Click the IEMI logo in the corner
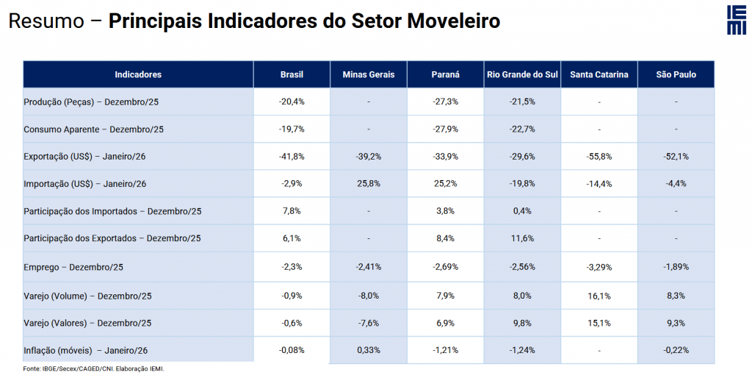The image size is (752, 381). click(736, 20)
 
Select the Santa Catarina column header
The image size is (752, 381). click(599, 74)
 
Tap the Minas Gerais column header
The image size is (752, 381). click(368, 74)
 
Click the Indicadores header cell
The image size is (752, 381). click(138, 74)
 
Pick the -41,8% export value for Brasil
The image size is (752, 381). click(292, 157)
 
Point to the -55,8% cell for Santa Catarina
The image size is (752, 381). click(599, 157)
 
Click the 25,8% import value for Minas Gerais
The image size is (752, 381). click(368, 184)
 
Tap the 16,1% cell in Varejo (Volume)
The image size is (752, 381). click(599, 295)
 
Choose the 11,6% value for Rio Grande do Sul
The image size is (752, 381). click(522, 238)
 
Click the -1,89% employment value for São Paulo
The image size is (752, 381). click(676, 266)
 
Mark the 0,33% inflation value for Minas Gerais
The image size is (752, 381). click(368, 350)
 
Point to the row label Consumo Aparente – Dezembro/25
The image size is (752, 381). click(93, 129)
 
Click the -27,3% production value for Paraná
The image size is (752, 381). click(445, 102)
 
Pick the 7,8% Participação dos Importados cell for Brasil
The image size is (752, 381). click(292, 211)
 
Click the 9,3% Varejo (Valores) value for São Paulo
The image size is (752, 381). click(676, 322)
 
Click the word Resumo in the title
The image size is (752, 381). click(46, 21)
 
